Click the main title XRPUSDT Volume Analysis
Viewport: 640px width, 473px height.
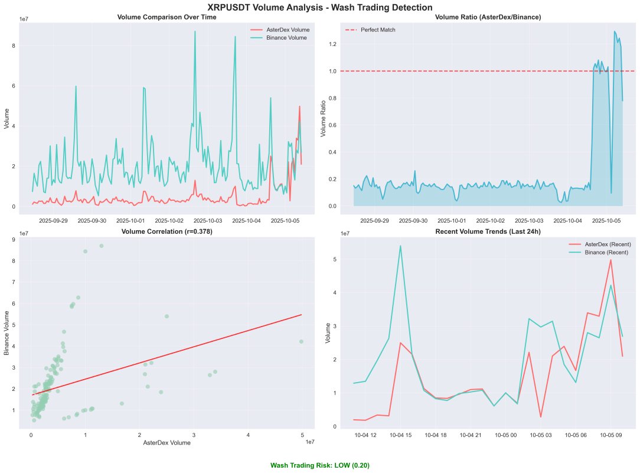click(320, 7)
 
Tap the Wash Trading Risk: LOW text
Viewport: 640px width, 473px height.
click(320, 465)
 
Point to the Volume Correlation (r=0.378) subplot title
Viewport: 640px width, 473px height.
click(166, 231)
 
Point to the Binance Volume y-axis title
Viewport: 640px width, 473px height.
click(7, 334)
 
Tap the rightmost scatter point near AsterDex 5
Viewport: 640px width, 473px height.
click(301, 341)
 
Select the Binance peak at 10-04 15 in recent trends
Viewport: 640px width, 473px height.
click(400, 246)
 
